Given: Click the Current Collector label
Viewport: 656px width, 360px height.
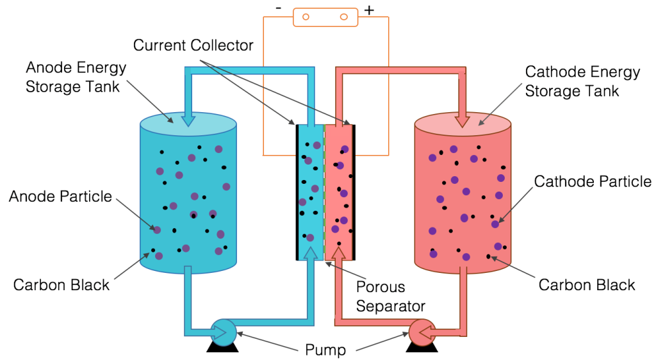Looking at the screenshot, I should coord(193,45).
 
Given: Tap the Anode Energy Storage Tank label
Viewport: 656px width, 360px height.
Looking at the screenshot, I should coord(76,77).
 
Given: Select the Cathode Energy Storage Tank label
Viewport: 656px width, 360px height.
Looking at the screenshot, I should coord(582,81).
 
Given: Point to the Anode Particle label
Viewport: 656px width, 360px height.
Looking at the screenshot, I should coord(60,197).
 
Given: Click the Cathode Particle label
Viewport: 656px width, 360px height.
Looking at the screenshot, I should coord(593,182).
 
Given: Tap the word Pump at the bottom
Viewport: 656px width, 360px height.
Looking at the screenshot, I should coord(325,350).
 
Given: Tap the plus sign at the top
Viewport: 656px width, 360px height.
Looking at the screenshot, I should coord(369,10).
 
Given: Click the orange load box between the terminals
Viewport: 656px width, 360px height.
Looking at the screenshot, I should coord(325,17).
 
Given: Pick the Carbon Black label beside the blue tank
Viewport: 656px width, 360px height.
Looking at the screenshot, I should coord(61,285).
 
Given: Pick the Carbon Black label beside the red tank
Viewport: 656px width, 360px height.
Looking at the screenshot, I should coord(587,285).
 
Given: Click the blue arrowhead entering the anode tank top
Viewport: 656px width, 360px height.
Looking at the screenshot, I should coord(188,119).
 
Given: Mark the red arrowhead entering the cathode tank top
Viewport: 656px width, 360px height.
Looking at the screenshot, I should coord(463,120).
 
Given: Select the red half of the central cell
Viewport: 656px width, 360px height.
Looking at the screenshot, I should coord(339,192).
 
